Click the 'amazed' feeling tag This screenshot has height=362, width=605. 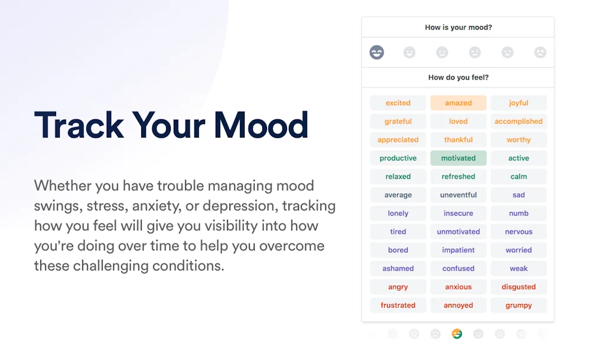458,103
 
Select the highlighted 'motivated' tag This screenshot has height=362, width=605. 458,158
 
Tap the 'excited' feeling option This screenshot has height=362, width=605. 398,103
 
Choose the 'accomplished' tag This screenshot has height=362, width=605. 519,122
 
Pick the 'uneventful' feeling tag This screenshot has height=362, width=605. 458,195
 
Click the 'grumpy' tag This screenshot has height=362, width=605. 519,305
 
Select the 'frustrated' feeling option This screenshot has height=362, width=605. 398,305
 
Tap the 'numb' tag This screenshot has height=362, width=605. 519,213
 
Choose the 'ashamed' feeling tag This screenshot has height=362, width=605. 398,269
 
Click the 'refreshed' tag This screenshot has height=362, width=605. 458,177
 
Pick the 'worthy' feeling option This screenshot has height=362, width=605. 519,140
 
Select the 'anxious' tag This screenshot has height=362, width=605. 458,287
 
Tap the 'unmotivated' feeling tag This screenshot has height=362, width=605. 458,231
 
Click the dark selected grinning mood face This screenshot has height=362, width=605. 376,52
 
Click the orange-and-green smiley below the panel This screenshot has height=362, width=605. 457,334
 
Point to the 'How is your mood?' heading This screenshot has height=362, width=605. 458,27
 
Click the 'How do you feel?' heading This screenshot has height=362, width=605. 458,77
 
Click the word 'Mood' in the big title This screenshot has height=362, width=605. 261,125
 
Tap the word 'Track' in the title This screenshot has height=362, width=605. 79,125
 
